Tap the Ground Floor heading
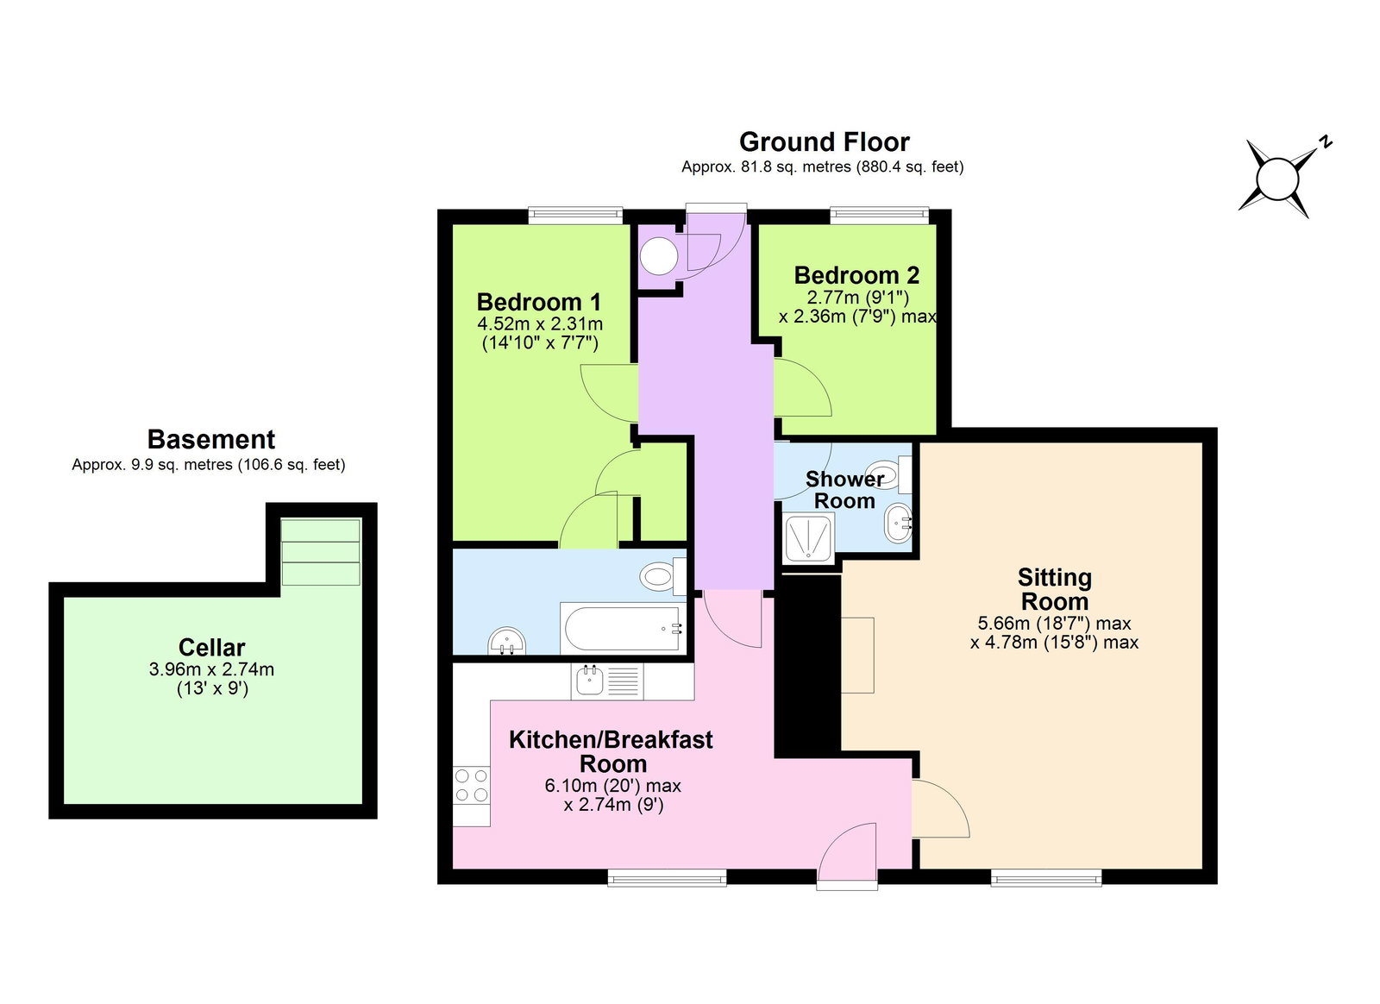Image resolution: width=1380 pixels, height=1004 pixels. coord(824,141)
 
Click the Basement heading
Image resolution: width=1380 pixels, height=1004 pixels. coord(210,439)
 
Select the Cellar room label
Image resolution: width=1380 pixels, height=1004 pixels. coord(211,647)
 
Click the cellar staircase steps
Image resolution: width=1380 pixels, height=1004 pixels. coord(321,552)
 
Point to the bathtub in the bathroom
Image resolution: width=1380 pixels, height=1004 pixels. coord(622,628)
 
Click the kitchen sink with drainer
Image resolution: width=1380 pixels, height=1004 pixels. coord(607,681)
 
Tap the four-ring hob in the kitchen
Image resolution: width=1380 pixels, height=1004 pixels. coord(472,786)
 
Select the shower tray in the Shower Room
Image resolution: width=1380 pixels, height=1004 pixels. coord(808,538)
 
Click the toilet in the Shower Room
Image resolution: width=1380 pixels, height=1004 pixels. coord(893,474)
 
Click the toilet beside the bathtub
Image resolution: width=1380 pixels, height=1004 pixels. coord(662,575)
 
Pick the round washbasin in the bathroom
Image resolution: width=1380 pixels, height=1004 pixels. coord(507,642)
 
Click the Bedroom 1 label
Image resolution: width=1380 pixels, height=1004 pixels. coord(538,302)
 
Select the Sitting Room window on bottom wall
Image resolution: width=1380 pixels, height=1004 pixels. coord(1045,878)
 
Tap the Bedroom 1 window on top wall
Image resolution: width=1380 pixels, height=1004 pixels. coord(574,215)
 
